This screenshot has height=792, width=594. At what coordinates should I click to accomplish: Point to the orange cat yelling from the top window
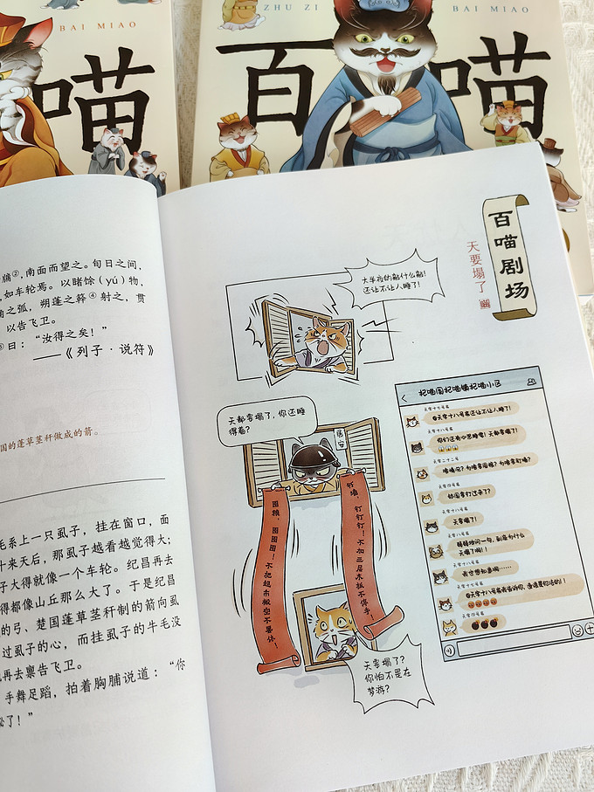pos(321,341)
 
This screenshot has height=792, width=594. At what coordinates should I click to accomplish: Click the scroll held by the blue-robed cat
pos(384,112)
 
